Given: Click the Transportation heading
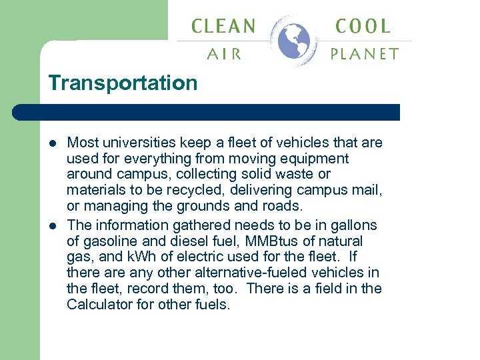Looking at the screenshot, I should [x=123, y=83].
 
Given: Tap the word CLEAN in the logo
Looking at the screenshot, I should [x=223, y=27].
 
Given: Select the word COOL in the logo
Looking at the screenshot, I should [x=363, y=27].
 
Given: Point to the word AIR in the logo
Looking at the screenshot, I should [x=225, y=54].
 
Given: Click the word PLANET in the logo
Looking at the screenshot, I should [x=365, y=54].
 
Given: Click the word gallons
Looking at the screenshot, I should [x=353, y=225].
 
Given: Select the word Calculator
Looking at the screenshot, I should [x=99, y=305].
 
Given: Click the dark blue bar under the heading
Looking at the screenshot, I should [x=220, y=112].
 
